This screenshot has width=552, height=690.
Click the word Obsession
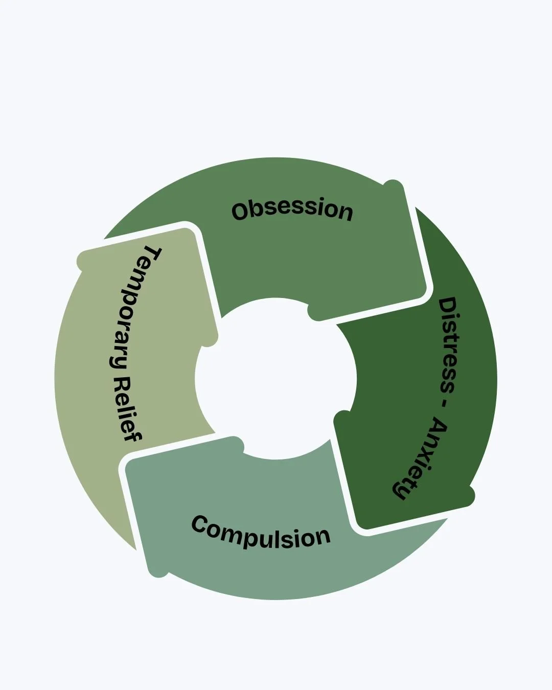(292, 210)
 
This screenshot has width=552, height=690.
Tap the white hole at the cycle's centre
(276, 378)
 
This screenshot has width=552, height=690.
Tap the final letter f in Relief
(132, 435)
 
